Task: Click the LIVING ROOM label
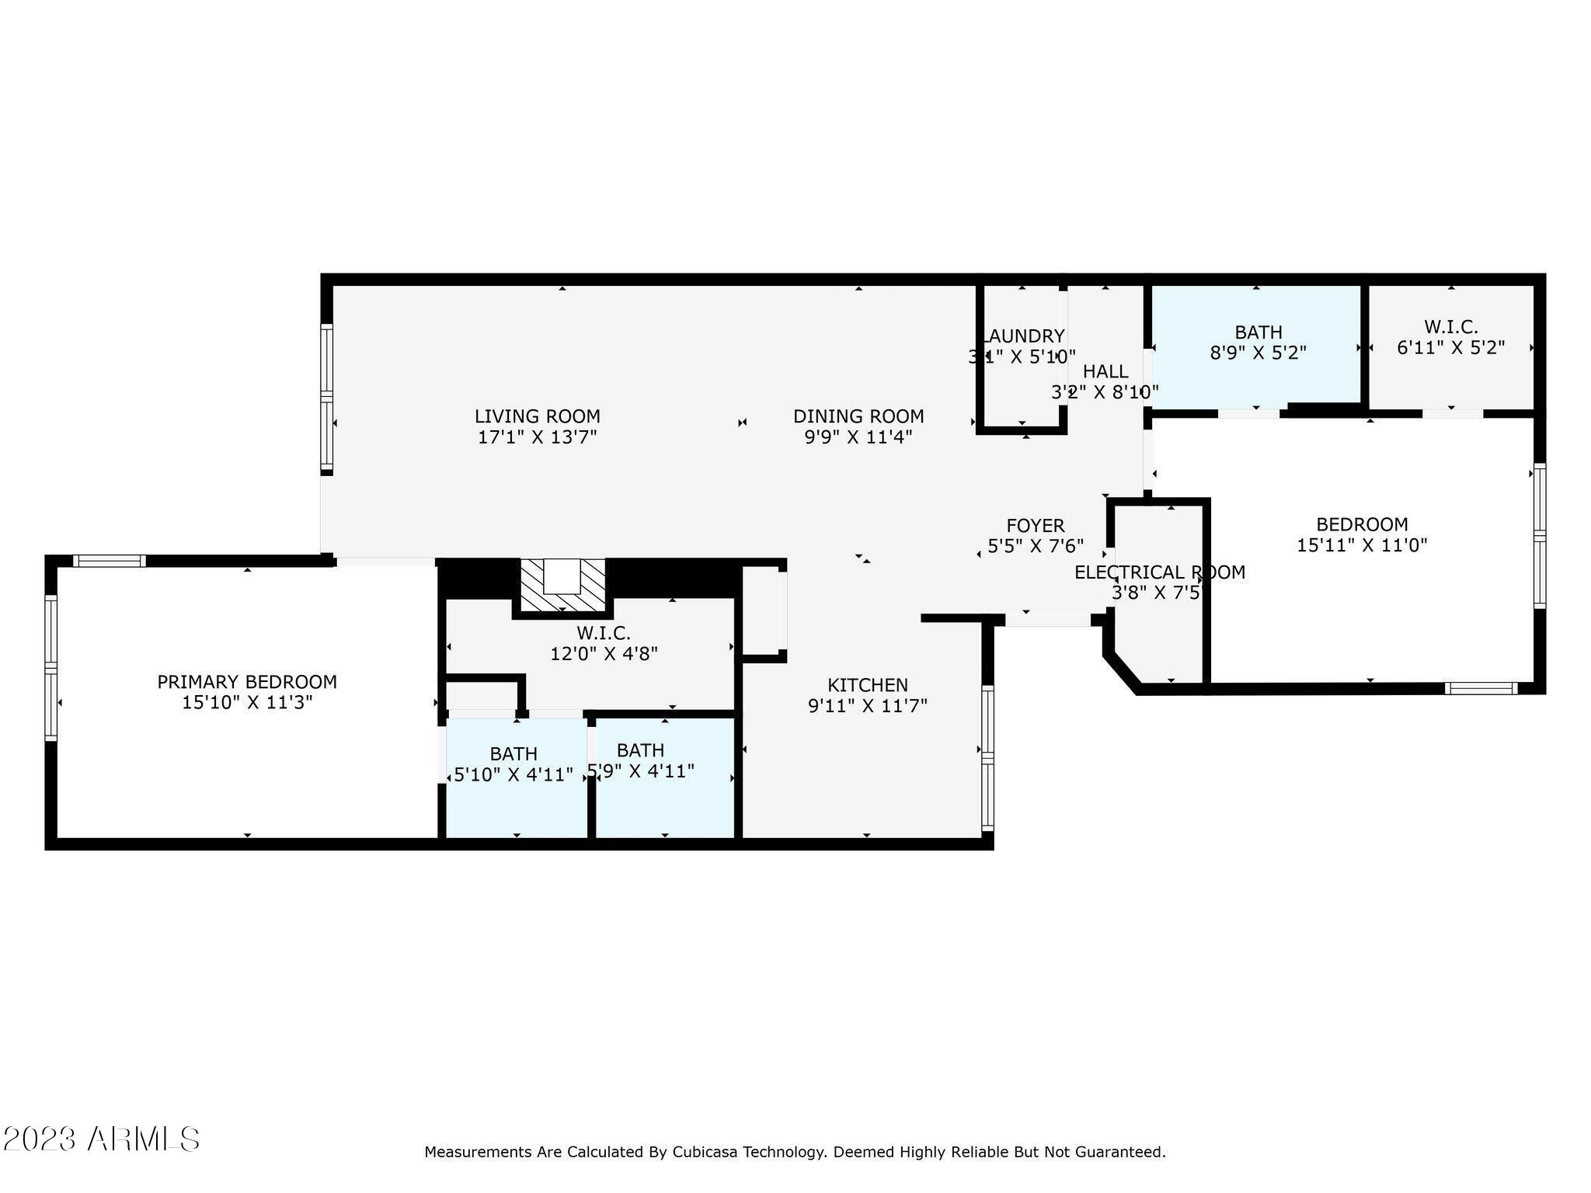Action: (537, 416)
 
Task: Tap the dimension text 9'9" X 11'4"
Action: (858, 437)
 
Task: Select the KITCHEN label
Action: (867, 685)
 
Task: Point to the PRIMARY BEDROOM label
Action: (247, 682)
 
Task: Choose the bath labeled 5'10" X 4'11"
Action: (514, 765)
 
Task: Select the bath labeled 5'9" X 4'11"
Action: (641, 761)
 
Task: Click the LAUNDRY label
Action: (1023, 336)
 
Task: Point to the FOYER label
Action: (1035, 526)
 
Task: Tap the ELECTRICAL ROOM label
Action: (1159, 572)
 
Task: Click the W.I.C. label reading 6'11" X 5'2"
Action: (1450, 338)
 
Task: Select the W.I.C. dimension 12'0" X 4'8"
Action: (604, 654)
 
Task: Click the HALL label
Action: (1105, 371)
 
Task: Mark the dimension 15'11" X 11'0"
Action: (1361, 545)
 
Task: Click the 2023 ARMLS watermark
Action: (101, 1139)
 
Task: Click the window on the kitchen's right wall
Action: (987, 758)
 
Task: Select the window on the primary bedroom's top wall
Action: (110, 561)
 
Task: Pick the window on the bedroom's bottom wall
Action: (1481, 688)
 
